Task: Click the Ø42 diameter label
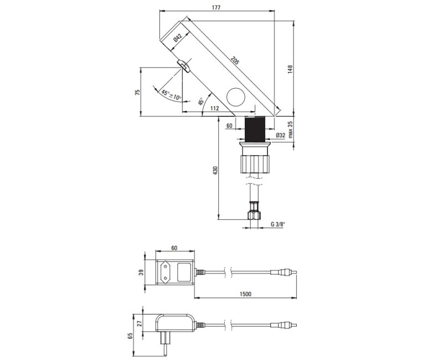[x=177, y=38]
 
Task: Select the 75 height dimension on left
[x=137, y=92]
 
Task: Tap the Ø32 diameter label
[x=280, y=135]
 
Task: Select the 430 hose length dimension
[x=215, y=172]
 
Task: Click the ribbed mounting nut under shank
[x=254, y=163]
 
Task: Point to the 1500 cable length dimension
[x=246, y=295]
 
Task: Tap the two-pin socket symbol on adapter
[x=164, y=271]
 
